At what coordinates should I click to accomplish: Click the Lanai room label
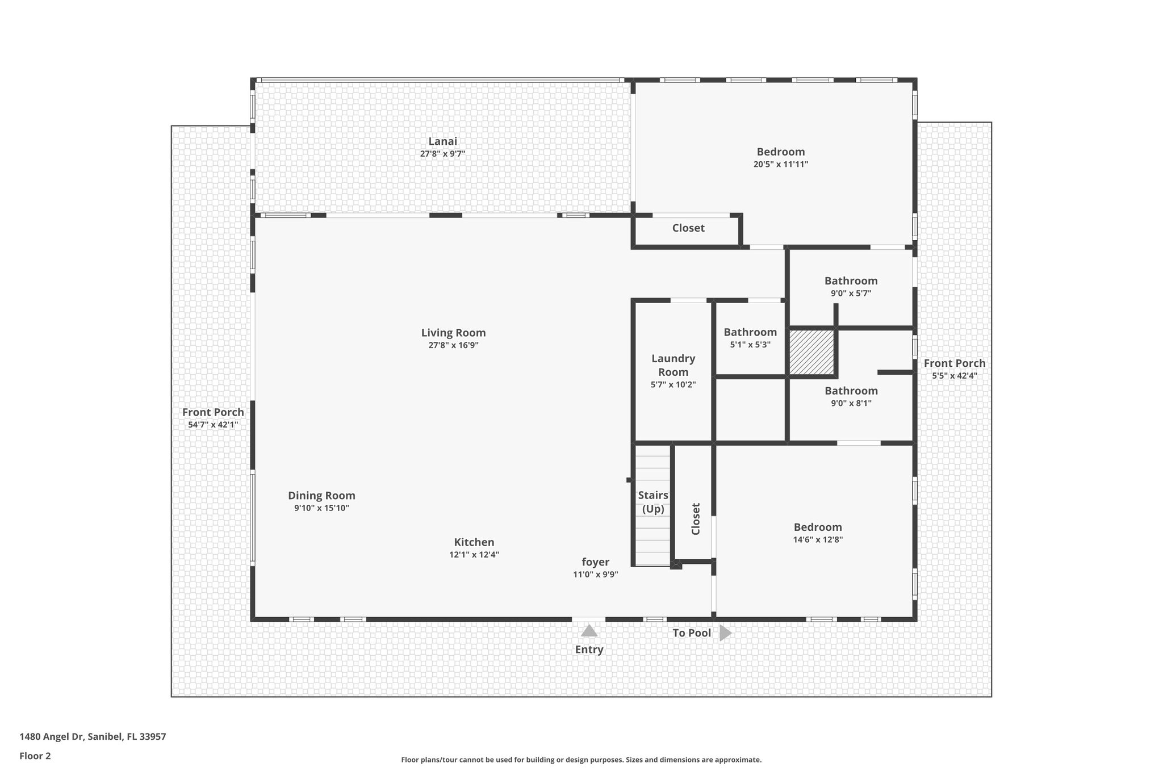(x=442, y=141)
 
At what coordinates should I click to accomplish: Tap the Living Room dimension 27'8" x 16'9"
(x=453, y=345)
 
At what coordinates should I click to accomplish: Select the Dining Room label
(x=321, y=496)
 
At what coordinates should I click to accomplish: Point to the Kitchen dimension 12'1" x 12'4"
(x=474, y=555)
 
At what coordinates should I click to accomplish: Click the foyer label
(x=595, y=562)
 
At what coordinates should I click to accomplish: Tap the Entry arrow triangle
(x=589, y=631)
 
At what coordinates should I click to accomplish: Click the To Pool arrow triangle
(x=725, y=632)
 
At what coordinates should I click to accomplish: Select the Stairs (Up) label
(x=653, y=502)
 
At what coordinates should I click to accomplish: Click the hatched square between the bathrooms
(x=811, y=353)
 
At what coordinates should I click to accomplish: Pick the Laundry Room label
(x=673, y=365)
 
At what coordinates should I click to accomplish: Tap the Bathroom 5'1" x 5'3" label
(x=750, y=332)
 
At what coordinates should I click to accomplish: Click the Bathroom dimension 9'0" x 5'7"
(x=851, y=294)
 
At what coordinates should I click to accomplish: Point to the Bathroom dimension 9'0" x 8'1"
(x=851, y=403)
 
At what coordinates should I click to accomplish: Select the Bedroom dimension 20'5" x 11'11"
(x=780, y=164)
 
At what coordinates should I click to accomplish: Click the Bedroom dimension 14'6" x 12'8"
(x=818, y=539)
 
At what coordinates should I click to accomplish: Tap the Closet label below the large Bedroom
(x=688, y=228)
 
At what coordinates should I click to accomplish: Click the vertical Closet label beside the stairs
(x=696, y=518)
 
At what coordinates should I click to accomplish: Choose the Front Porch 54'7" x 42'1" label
(x=213, y=413)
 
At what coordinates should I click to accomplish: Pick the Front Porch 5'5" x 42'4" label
(x=954, y=363)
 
